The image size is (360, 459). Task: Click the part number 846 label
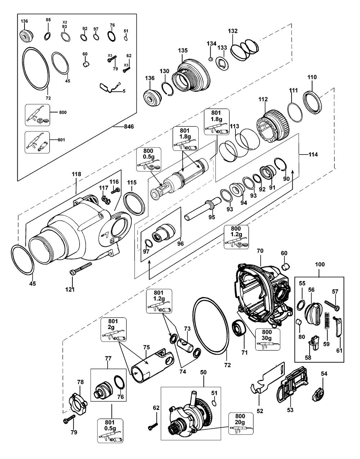129,126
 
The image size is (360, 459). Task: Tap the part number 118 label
76,174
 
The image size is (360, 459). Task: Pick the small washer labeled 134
211,59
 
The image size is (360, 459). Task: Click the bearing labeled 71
238,329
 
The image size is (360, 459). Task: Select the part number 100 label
320,264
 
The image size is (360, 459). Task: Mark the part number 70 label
260,250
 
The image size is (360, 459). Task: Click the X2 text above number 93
65,22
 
